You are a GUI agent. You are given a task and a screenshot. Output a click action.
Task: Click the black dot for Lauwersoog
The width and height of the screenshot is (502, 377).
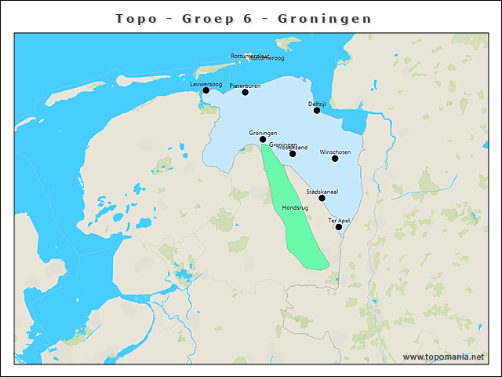click(206, 90)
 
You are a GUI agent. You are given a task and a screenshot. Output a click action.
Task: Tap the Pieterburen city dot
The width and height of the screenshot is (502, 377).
click(245, 92)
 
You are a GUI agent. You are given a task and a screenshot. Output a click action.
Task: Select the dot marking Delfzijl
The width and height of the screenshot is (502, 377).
click(317, 110)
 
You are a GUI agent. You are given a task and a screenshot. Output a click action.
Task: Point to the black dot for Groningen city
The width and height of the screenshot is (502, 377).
click(263, 139)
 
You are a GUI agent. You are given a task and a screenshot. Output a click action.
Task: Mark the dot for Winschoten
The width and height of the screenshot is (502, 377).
click(335, 158)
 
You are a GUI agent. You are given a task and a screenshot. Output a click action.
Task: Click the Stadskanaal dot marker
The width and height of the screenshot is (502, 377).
click(322, 198)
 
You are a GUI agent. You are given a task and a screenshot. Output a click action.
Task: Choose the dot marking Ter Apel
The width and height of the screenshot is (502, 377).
click(339, 227)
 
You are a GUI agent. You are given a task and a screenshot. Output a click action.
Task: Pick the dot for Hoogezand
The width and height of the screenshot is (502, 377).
click(293, 153)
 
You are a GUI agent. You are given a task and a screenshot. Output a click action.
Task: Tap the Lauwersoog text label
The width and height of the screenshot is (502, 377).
click(206, 83)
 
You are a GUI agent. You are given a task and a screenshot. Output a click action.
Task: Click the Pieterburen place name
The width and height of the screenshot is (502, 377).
click(245, 85)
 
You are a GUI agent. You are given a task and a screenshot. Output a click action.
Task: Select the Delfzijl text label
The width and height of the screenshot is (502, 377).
click(317, 103)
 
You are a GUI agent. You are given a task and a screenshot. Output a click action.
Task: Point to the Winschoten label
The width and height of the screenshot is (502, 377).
click(336, 151)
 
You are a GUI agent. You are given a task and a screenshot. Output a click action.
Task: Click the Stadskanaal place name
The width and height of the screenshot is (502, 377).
click(322, 191)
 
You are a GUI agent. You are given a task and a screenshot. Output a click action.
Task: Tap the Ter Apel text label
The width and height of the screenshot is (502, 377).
click(339, 220)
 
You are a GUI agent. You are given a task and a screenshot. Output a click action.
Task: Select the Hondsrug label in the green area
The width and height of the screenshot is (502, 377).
click(295, 207)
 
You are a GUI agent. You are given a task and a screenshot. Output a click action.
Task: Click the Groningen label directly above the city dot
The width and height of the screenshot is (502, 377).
click(263, 133)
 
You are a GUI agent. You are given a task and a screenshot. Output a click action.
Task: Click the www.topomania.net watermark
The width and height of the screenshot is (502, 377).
click(443, 357)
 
